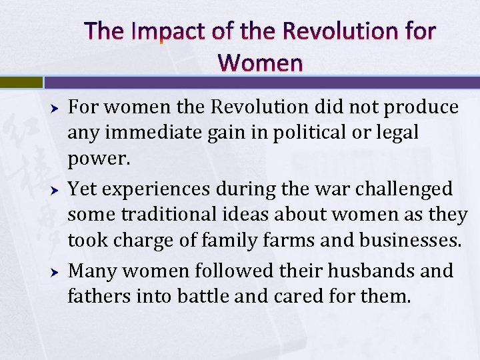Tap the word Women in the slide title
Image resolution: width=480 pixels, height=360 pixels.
[259, 63]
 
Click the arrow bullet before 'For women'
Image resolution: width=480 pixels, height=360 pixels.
[57, 108]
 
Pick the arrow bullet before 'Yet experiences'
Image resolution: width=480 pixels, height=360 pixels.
[57, 190]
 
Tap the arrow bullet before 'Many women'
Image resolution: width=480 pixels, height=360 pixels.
[57, 272]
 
